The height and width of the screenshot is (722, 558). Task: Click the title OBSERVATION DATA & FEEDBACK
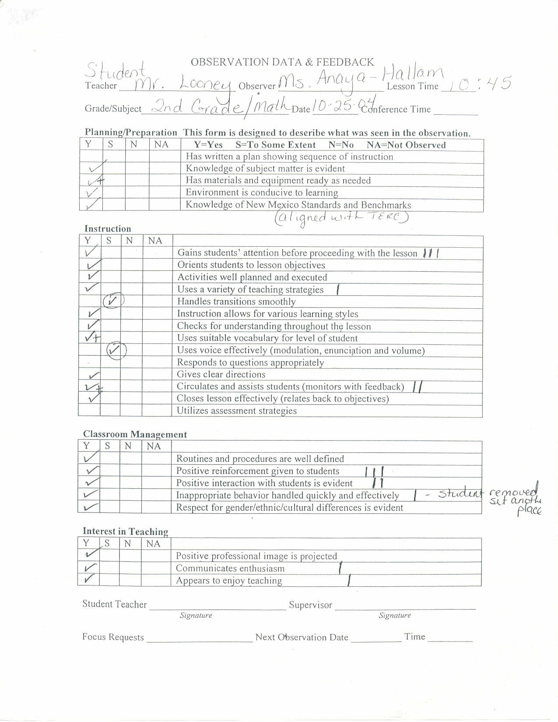coord(282,62)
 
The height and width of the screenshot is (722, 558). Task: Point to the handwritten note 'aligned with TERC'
coord(341,217)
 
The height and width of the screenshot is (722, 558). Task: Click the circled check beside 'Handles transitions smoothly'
coord(113,301)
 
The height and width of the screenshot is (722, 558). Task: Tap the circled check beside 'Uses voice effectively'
coord(116,350)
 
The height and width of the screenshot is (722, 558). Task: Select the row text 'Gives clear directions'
coord(221,375)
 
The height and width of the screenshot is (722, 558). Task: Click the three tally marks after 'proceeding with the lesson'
coord(431,253)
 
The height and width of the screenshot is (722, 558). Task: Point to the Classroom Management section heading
coord(135,434)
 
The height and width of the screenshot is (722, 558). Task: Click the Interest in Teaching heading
coord(126,531)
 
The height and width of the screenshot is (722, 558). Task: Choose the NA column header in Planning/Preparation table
coord(161,144)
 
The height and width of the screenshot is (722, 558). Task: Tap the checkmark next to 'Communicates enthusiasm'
coord(90,568)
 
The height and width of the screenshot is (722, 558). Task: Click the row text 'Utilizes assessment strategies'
coord(237,411)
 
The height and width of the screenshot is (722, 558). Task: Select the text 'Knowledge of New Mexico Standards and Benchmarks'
coord(298,205)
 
